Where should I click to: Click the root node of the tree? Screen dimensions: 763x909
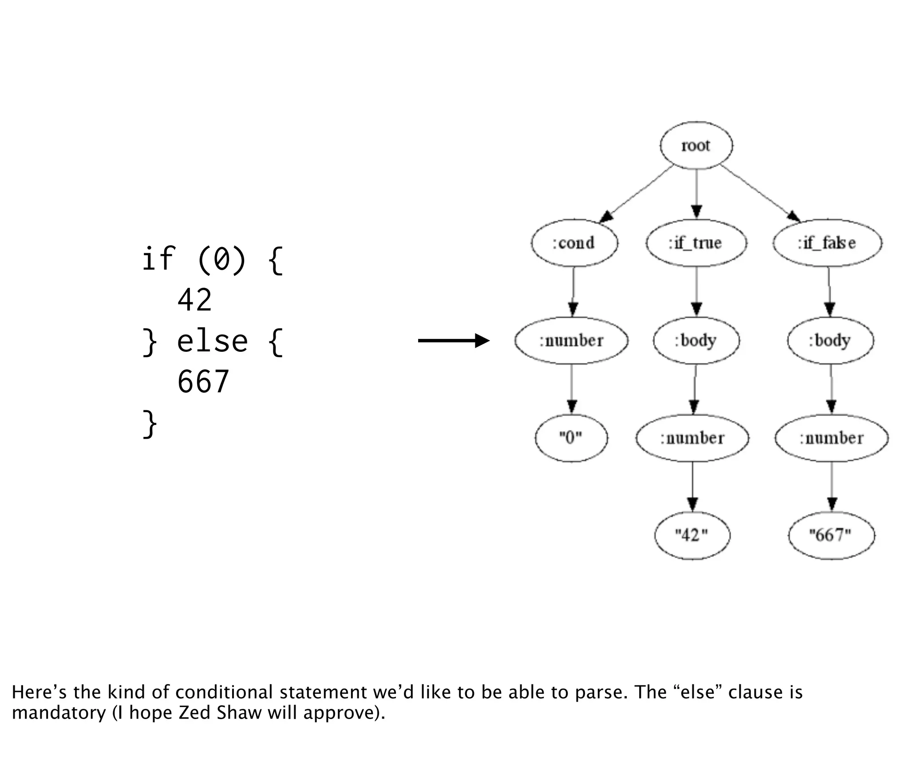coord(696,146)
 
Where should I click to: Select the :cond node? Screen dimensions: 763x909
coord(574,243)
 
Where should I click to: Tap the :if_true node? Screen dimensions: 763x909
coord(696,243)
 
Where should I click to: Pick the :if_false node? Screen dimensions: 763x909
coord(827,243)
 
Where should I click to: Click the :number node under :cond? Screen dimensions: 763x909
coord(571,340)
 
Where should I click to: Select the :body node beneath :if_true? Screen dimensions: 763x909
coord(696,340)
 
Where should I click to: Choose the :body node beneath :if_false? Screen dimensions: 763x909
coord(830,340)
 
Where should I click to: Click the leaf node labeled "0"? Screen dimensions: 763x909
coord(571,438)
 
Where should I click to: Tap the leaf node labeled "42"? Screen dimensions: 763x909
coord(692,535)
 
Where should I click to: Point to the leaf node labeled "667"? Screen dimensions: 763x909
coord(831,535)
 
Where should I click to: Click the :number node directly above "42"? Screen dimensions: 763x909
coord(692,438)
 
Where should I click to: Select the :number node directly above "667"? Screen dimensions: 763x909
coord(831,438)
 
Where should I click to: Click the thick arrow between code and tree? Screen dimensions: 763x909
coord(453,341)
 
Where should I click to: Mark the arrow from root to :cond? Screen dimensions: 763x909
coord(636,194)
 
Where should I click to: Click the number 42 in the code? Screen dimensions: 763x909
coord(194,300)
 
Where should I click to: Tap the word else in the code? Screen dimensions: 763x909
coord(212,342)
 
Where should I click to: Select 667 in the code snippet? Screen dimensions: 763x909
coord(203,382)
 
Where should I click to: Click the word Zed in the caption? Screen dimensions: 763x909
coord(194,713)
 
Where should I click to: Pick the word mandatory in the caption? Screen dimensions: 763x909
coord(59,713)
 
